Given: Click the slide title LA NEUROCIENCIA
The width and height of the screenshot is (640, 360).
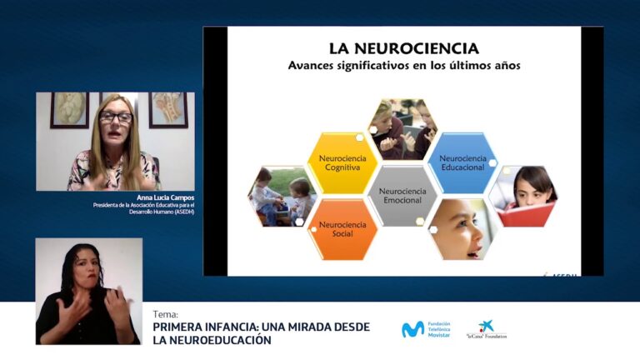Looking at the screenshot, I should pos(403,48).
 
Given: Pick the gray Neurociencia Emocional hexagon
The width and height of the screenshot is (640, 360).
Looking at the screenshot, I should pos(402,196).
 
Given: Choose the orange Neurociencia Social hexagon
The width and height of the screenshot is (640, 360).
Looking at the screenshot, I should pos(342,229).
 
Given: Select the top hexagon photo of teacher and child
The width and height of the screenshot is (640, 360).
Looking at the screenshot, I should pos(402,128).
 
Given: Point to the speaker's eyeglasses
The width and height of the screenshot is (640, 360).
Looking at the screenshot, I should pos(115,117).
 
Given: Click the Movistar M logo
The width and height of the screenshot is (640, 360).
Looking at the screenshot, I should pos(412,329).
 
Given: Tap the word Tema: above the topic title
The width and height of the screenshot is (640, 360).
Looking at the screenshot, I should pos(165,314).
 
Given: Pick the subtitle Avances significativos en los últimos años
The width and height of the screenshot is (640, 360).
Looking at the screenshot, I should pos(403,66).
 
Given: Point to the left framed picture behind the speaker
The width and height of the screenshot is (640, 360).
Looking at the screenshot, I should pos(69,108).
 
